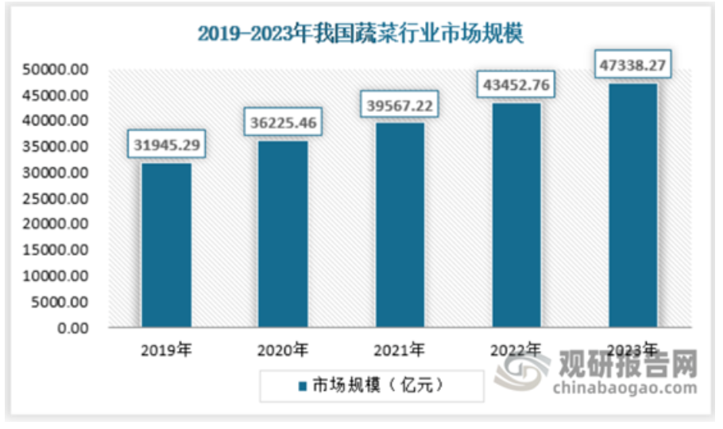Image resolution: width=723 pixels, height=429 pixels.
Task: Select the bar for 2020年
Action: tap(284, 234)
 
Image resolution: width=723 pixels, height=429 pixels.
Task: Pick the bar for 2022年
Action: tap(517, 214)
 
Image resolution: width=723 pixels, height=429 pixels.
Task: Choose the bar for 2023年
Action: tap(633, 205)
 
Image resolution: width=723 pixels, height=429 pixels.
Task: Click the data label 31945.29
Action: tap(167, 145)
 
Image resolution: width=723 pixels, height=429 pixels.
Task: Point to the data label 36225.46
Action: tap(284, 123)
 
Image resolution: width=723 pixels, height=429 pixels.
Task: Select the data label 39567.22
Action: tap(400, 106)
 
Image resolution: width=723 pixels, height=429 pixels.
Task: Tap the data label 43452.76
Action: tap(517, 84)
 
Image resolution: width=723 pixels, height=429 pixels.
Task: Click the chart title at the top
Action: tap(361, 34)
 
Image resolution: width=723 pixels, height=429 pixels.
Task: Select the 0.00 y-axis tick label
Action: tap(75, 327)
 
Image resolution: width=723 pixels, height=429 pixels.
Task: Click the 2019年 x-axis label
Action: tap(165, 350)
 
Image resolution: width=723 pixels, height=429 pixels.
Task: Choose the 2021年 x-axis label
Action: tap(400, 350)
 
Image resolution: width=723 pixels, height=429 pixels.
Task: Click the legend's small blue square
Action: tap(301, 386)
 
